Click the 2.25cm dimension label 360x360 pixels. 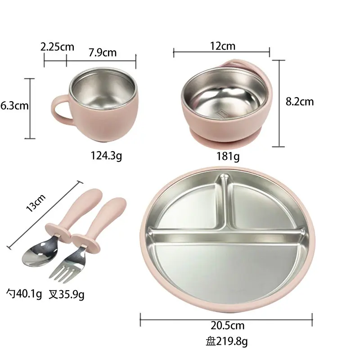pos(57,47)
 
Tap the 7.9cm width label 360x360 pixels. pos(103,53)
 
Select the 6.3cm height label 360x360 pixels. pos(14,106)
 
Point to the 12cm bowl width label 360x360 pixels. pos(223,46)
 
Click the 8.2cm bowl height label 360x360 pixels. pos(300,102)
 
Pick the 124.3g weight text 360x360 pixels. pos(106,156)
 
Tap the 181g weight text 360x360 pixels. pos(228,157)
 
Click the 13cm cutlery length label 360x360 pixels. pos(36,203)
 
